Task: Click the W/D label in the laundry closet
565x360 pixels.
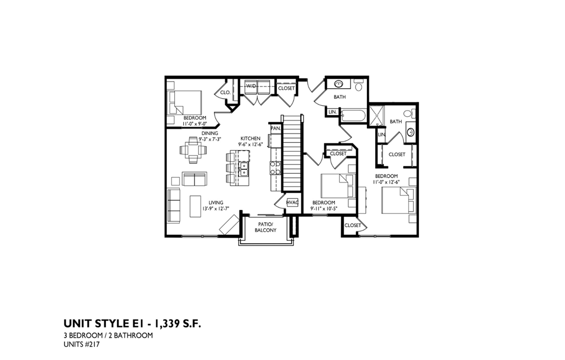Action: coord(250,86)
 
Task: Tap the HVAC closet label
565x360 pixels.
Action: coord(292,203)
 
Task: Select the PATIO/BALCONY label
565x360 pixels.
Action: coord(265,227)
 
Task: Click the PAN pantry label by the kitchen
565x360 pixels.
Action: coord(275,128)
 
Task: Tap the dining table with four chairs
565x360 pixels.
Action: coord(194,150)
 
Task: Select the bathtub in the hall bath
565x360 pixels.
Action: coord(353,116)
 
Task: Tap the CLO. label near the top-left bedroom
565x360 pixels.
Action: coord(225,93)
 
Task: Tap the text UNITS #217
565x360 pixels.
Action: coord(82,345)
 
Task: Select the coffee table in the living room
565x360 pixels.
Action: coord(196,207)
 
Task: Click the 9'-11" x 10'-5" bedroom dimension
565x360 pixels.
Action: coord(323,208)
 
